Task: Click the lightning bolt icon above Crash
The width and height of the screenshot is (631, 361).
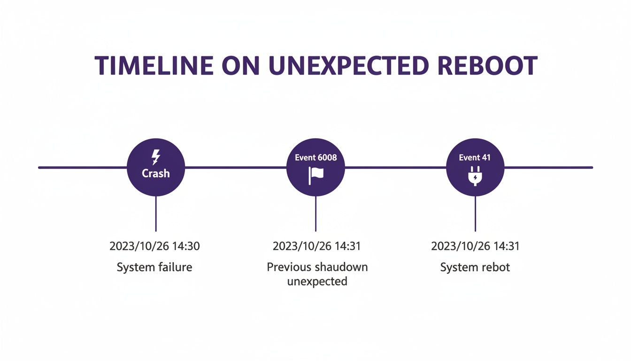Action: tap(156, 157)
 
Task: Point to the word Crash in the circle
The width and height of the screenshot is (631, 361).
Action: tap(156, 173)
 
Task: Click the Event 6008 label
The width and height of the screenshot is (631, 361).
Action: tap(315, 157)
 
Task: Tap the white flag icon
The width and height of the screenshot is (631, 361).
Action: tap(315, 175)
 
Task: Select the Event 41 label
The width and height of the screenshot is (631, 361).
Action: tap(475, 157)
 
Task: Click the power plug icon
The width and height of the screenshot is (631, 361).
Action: tap(475, 177)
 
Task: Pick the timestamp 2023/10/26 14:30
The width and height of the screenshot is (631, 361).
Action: tap(154, 246)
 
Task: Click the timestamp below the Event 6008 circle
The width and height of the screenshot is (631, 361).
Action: tap(317, 246)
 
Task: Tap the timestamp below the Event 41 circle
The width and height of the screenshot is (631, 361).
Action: tap(475, 246)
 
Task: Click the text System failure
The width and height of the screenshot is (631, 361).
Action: tap(154, 267)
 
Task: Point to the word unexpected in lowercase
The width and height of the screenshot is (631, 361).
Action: tap(317, 282)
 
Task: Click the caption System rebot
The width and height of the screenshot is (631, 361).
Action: tap(475, 267)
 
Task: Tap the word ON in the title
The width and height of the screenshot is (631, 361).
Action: tap(239, 66)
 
